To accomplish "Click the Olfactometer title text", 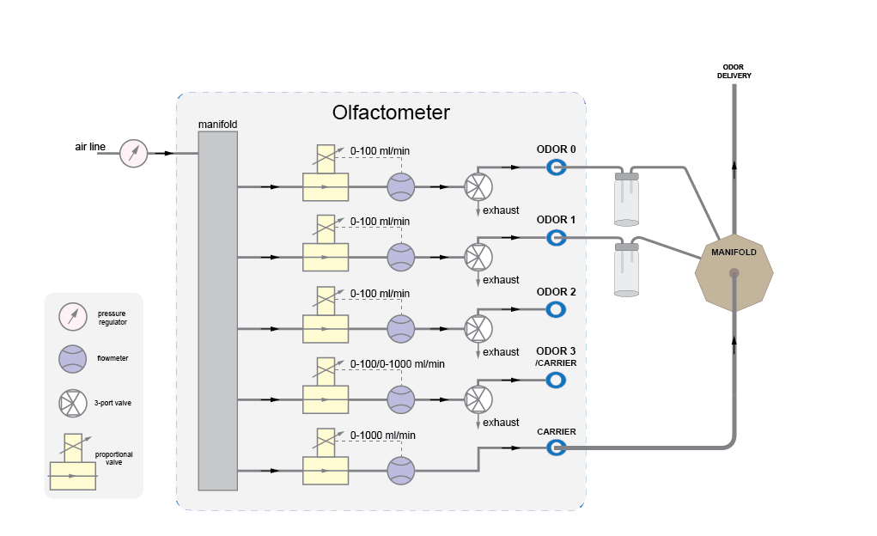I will (391, 113).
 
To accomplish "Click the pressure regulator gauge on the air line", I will (133, 153).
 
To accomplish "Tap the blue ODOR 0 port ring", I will (556, 167).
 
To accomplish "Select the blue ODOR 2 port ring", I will (556, 309).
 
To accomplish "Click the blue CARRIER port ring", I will (556, 448).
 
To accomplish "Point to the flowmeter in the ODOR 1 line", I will (400, 257).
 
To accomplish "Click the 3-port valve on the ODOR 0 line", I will (477, 186).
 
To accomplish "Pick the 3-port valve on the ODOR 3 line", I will (477, 399).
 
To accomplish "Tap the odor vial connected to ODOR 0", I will (627, 198).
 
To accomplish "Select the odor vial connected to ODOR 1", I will (627, 269).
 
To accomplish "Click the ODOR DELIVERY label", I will (734, 70).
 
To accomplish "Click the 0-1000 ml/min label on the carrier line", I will (383, 435).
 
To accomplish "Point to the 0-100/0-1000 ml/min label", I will (397, 364).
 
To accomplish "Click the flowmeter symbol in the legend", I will (72, 358).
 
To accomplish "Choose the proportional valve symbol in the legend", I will (72, 464).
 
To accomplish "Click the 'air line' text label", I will (90, 147).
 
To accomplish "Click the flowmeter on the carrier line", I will (400, 470).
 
